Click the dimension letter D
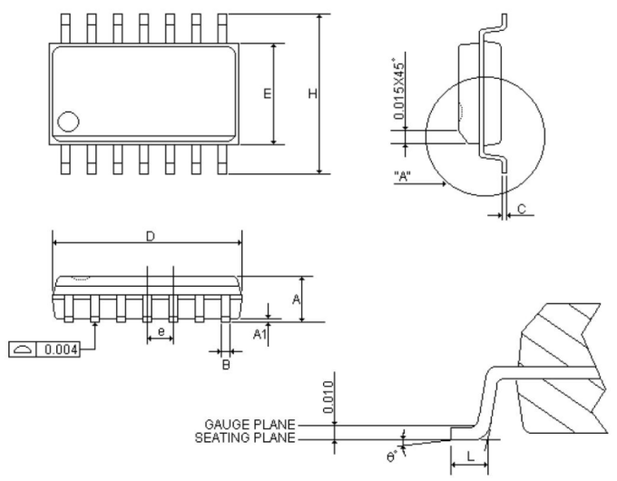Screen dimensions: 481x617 click(x=151, y=236)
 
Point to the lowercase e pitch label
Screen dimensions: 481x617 click(x=161, y=332)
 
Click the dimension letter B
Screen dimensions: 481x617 click(x=227, y=364)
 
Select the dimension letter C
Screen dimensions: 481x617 click(x=521, y=209)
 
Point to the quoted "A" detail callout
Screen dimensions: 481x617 click(x=406, y=176)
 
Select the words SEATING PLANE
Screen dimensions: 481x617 click(x=245, y=438)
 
